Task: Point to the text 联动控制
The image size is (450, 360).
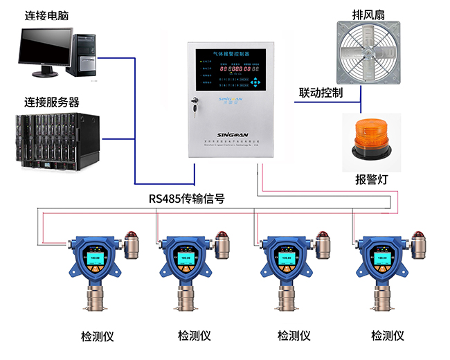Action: click(x=320, y=93)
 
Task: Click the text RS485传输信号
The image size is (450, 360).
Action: click(x=186, y=199)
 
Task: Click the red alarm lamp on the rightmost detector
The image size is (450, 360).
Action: click(x=417, y=238)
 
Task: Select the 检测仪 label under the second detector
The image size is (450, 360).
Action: click(x=194, y=336)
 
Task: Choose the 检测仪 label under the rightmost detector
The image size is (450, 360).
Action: click(x=387, y=336)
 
